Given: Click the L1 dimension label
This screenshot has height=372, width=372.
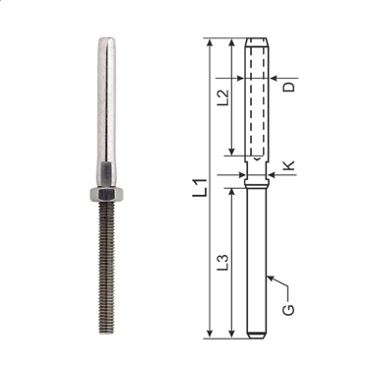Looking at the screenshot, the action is [x=200, y=188].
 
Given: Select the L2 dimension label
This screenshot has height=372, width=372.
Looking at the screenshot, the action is [x=223, y=97].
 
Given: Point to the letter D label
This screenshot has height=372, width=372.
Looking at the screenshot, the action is [x=289, y=87].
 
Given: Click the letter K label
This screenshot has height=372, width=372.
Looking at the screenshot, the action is [x=289, y=165].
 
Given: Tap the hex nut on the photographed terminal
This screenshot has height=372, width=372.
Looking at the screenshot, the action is [x=106, y=194].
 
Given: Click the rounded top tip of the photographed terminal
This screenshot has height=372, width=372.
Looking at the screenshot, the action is [x=107, y=39].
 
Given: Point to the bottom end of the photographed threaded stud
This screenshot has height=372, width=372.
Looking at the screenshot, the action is [x=106, y=332].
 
